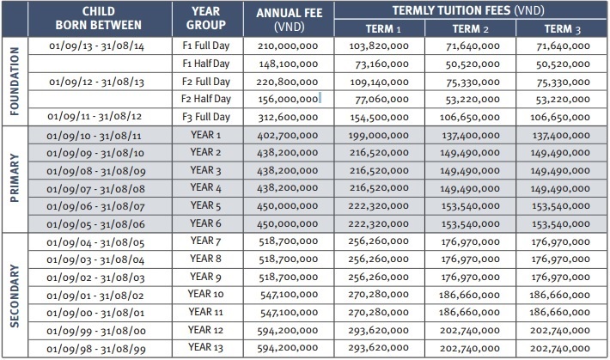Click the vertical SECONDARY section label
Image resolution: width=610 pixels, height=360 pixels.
click(x=15, y=293)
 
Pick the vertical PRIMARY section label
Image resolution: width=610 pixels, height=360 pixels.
click(x=15, y=177)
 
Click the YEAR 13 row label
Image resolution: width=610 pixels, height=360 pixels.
click(x=207, y=347)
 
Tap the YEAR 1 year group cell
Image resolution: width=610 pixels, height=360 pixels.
click(x=207, y=136)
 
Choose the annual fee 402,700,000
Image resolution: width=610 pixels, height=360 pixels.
click(x=290, y=136)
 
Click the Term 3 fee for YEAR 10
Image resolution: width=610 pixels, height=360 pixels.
click(x=558, y=294)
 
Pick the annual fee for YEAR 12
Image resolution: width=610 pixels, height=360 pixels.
click(x=290, y=331)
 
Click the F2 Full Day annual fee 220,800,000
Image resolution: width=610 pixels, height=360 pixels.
click(x=290, y=82)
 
